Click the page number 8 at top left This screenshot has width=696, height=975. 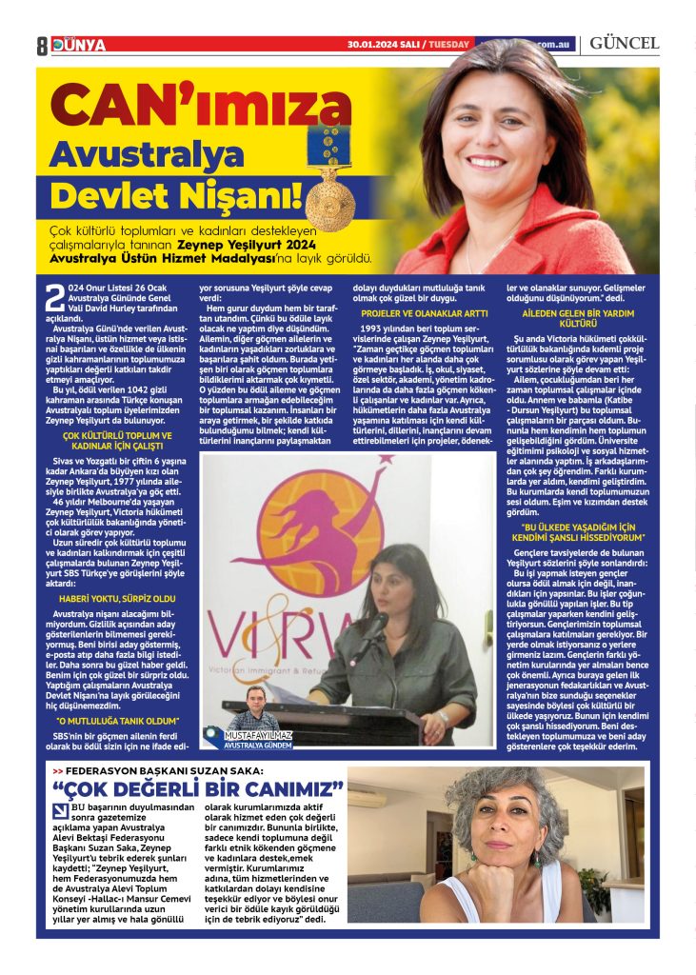coord(42,45)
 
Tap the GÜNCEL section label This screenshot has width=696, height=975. coord(624,44)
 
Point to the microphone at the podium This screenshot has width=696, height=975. coord(372,630)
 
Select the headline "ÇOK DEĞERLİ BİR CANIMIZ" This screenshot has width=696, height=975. coord(199,790)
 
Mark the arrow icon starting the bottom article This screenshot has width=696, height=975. coord(60,811)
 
